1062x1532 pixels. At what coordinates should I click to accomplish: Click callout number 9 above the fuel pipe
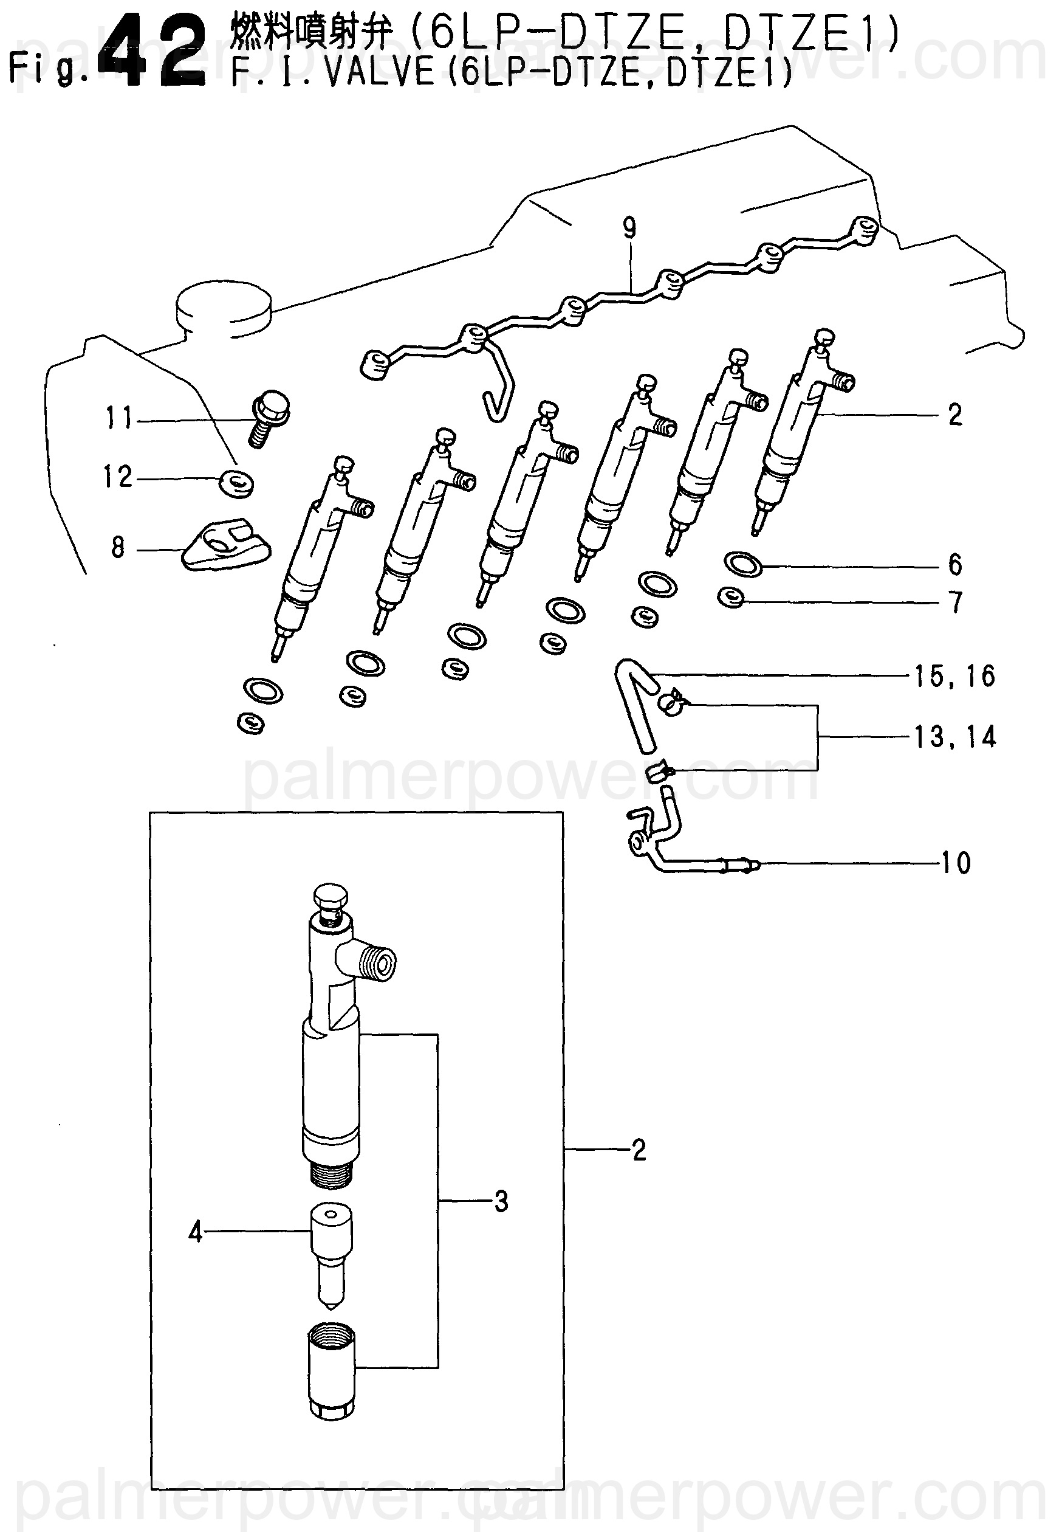pos(629,229)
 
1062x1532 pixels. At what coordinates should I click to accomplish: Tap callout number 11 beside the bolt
pos(119,418)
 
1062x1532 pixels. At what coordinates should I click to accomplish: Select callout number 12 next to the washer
pos(118,477)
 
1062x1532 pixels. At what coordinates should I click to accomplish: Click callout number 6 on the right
pos(955,565)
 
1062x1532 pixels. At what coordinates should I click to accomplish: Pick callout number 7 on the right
pos(956,602)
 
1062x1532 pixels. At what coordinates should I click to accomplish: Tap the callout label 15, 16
pos(955,677)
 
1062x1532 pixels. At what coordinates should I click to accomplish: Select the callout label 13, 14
pos(955,737)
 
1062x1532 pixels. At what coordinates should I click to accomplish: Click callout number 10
pos(956,863)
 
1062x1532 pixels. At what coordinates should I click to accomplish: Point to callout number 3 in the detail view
pos(501,1201)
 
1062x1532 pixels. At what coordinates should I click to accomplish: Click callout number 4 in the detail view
pos(195,1232)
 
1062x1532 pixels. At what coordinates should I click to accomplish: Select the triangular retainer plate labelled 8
pos(226,546)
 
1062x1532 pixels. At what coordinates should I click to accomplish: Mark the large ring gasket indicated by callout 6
pos(743,564)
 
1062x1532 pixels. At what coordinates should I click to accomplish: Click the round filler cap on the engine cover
pos(224,306)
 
